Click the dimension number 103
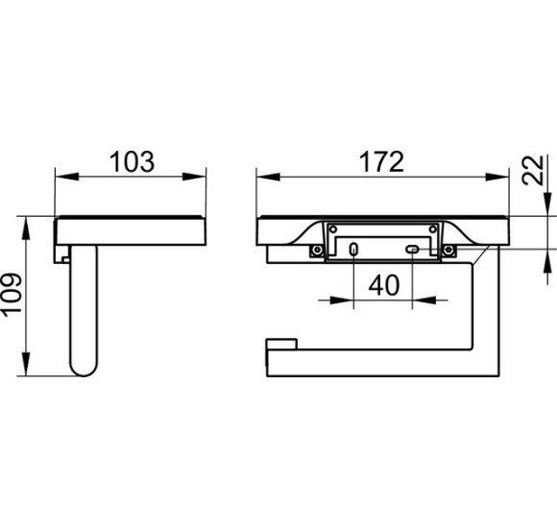coord(132,162)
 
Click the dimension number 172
coord(381,162)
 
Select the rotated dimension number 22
coord(532,170)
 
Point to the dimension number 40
coord(383,285)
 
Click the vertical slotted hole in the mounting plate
coord(353,250)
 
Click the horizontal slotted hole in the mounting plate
coord(412,250)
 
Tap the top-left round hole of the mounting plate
coord(333,229)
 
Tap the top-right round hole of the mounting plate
coord(433,229)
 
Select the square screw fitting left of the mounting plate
coord(316,251)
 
